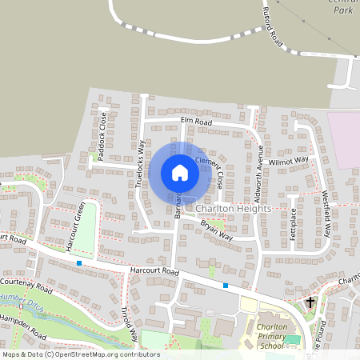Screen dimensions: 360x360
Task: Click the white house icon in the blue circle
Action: pos(180,173)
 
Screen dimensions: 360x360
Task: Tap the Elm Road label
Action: pos(196,122)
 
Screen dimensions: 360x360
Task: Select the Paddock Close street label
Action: pos(102,136)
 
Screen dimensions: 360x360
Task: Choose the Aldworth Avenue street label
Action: pos(258,173)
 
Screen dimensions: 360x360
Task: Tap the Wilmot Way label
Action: pos(289,161)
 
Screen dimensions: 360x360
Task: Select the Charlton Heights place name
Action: pos(233,208)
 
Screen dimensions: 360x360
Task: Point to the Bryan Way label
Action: pos(215,231)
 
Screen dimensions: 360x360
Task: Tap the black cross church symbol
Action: pos(311,302)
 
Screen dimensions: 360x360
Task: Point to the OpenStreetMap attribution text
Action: pos(81,354)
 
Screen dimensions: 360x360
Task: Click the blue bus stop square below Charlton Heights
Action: pos(226,285)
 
